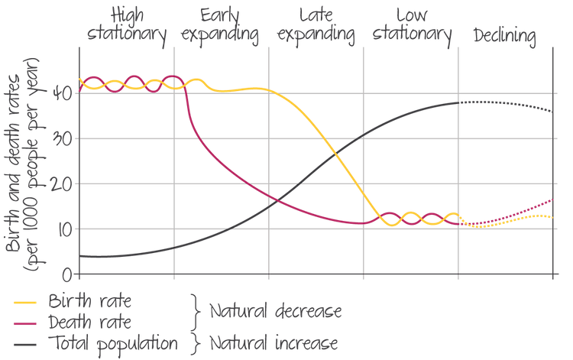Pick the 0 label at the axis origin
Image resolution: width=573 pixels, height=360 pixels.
click(67, 273)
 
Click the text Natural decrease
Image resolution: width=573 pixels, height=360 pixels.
click(275, 312)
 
